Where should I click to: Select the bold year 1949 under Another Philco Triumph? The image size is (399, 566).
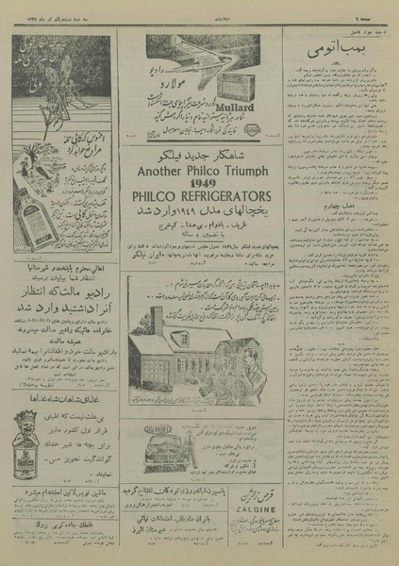(x=203, y=181)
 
